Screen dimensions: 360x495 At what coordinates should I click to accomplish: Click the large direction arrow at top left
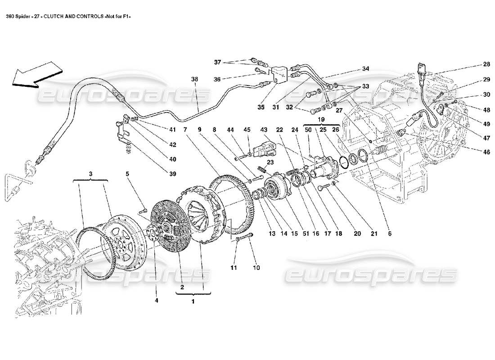point(36,74)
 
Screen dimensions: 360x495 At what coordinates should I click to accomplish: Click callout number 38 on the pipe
point(194,79)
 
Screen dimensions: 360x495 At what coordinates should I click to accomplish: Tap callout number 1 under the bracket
point(193,302)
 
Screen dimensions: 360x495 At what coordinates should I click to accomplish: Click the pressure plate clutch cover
point(202,216)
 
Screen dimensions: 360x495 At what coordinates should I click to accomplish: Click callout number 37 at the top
point(218,62)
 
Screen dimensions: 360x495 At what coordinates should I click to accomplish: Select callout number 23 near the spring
point(270,163)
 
